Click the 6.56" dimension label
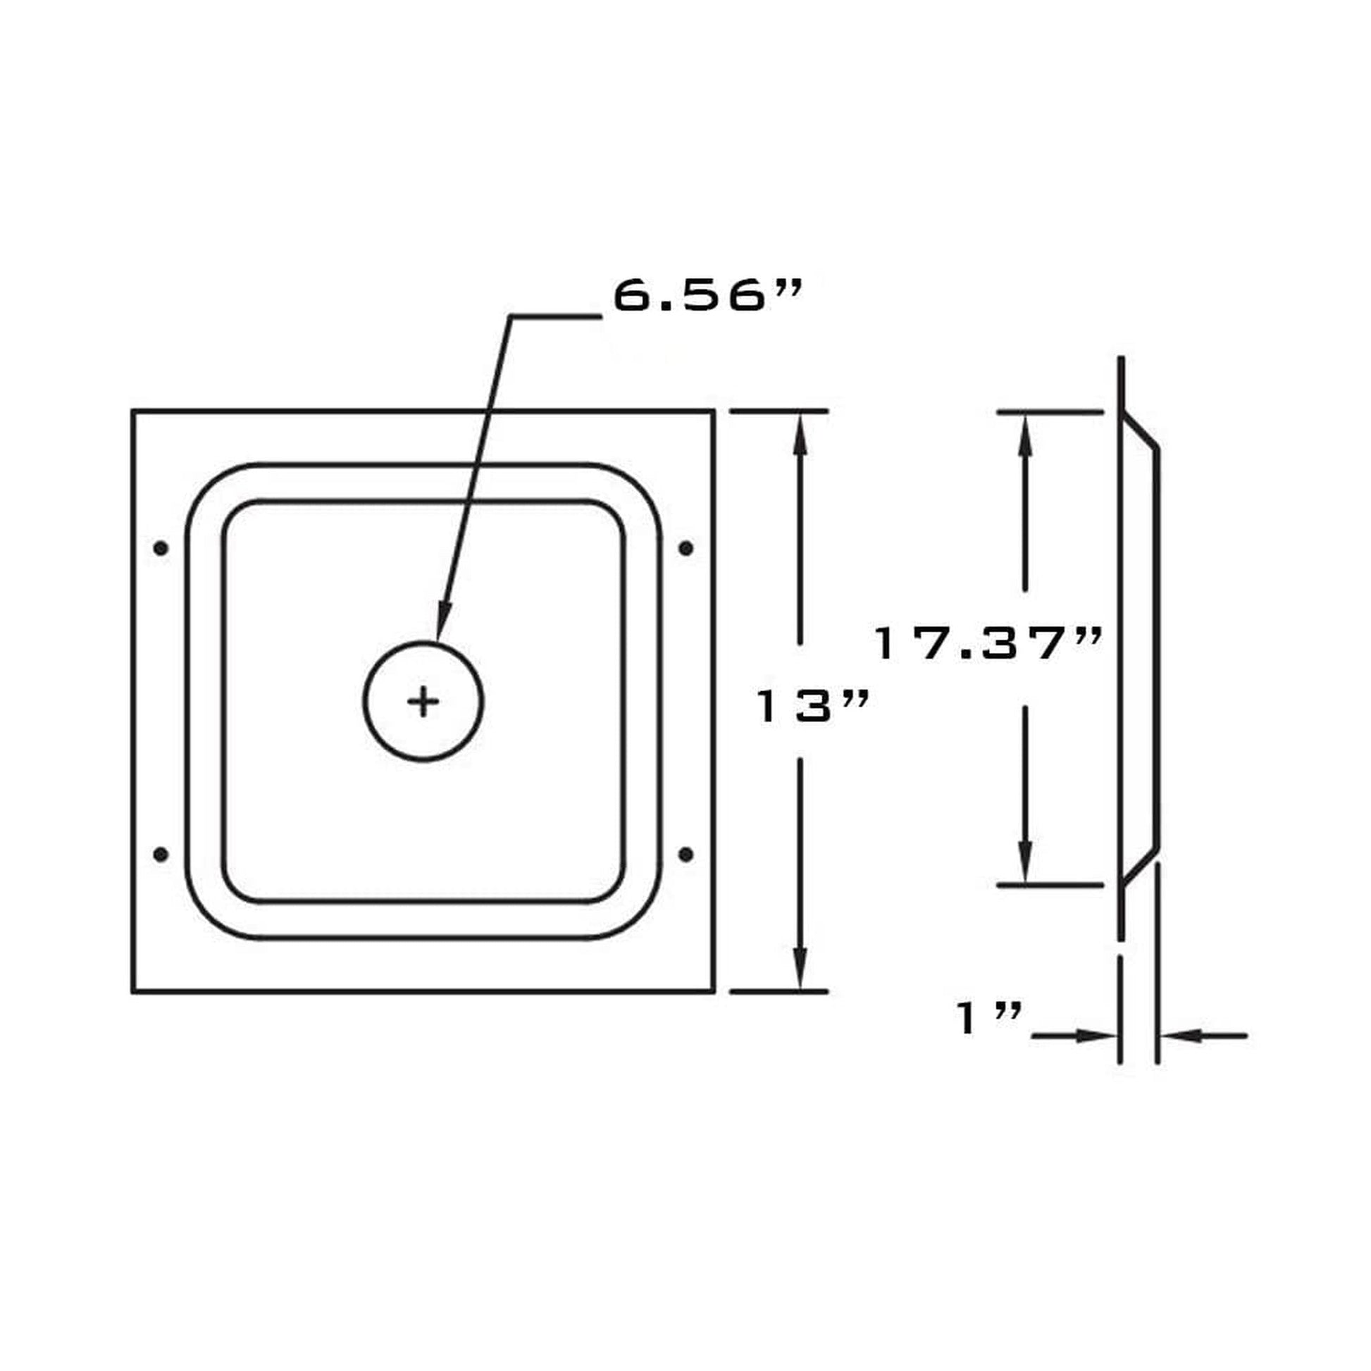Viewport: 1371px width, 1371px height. [x=707, y=295]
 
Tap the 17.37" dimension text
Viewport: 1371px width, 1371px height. [x=987, y=645]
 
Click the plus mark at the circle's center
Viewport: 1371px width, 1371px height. [x=423, y=701]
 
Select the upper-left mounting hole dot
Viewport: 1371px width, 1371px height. [x=161, y=548]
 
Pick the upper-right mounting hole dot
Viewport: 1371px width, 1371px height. [x=685, y=548]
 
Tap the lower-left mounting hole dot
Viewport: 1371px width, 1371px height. [x=161, y=855]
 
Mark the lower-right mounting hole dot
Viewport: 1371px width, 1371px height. [x=685, y=855]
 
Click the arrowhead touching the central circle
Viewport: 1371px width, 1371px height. [x=442, y=622]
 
